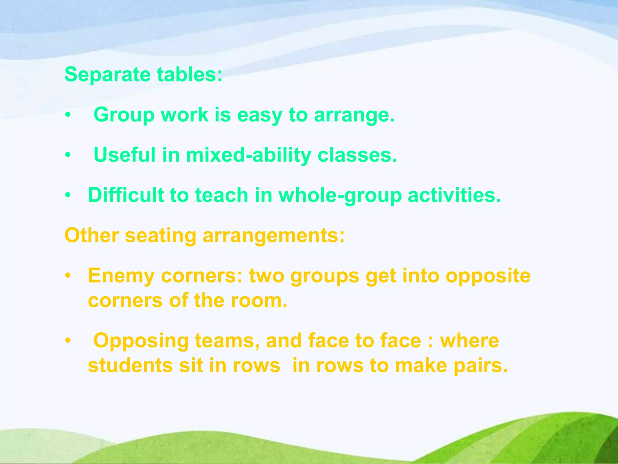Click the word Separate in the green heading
click(x=107, y=75)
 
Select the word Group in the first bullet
click(x=124, y=115)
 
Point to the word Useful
click(x=125, y=155)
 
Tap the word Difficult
click(x=126, y=195)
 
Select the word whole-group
click(x=340, y=195)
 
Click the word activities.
click(x=454, y=195)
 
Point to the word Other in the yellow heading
click(x=91, y=235)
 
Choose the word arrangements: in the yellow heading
click(x=274, y=236)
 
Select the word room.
click(x=259, y=301)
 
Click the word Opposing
click(x=141, y=341)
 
